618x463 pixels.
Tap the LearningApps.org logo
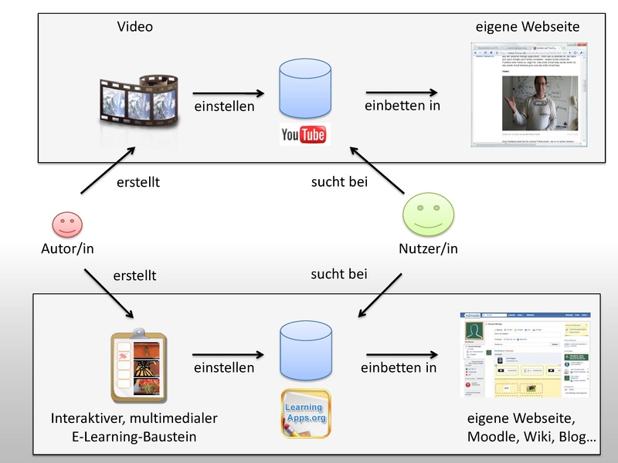(304, 413)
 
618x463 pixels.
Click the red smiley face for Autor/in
(67, 225)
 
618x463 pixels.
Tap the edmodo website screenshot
(524, 354)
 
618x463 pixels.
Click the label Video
(135, 27)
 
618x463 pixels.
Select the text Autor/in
(67, 248)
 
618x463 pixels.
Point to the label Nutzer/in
(428, 248)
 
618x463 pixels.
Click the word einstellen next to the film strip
(224, 106)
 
